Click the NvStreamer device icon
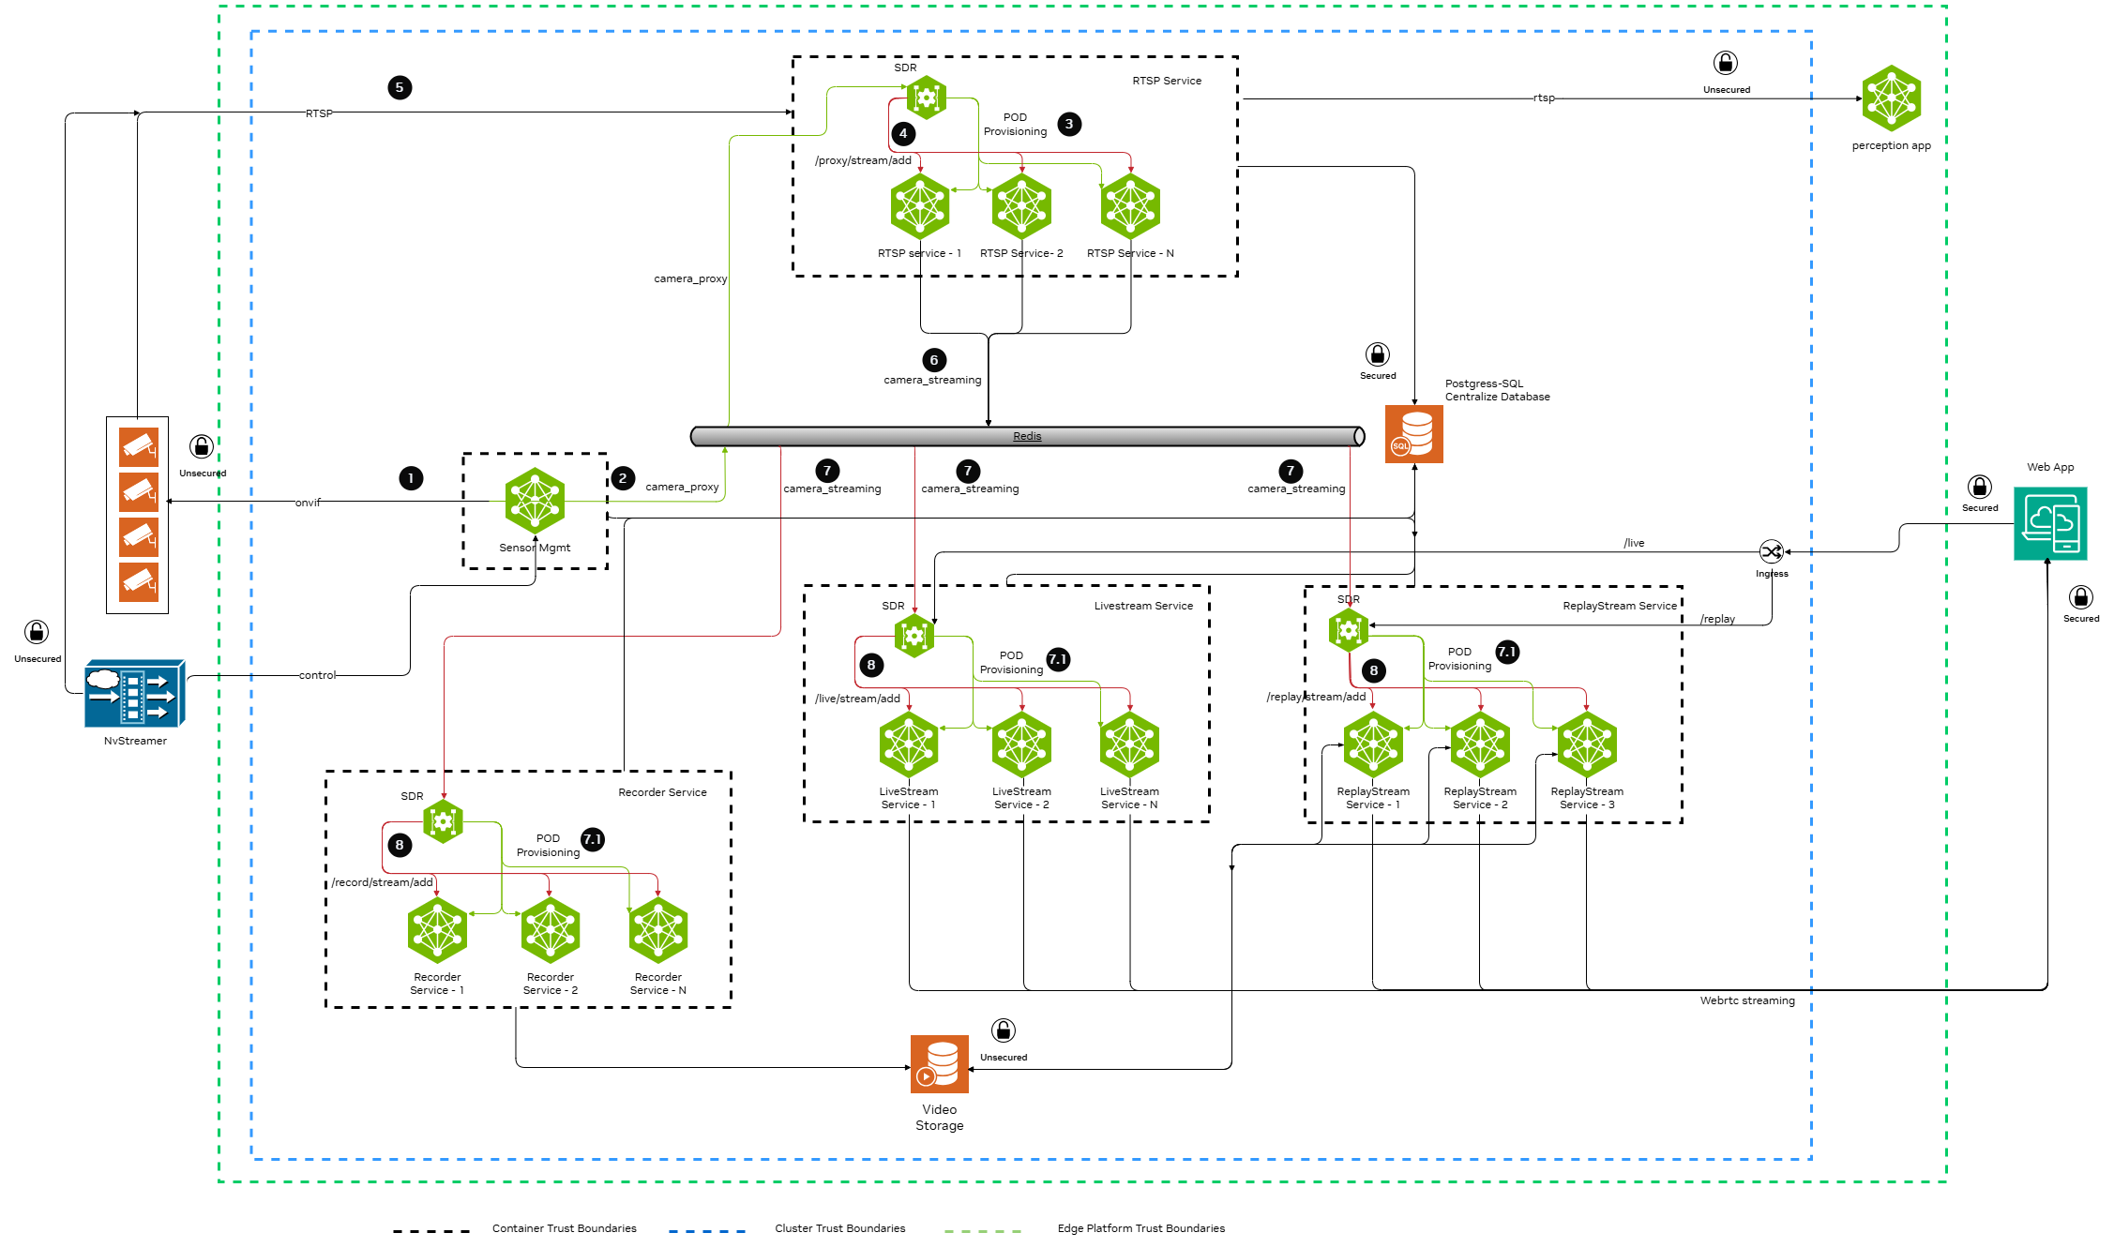tap(134, 694)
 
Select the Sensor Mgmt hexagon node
tap(535, 500)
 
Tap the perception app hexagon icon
tap(1891, 98)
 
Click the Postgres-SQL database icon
tap(1413, 434)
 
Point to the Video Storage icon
tap(939, 1064)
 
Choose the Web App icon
tap(2050, 523)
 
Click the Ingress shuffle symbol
tap(1771, 551)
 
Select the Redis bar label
tap(1027, 436)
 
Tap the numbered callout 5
tap(400, 87)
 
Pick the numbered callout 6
tap(934, 360)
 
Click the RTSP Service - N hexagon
tap(1130, 205)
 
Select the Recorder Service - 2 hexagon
tap(551, 930)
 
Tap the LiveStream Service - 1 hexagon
tap(909, 744)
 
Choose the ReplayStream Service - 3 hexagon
tap(1587, 744)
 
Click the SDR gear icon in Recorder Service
tap(443, 822)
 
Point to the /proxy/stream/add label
tap(863, 160)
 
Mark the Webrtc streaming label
tap(1747, 1000)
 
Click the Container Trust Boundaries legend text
tap(564, 1228)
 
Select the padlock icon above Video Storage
tap(1004, 1030)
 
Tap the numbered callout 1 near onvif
tap(411, 478)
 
